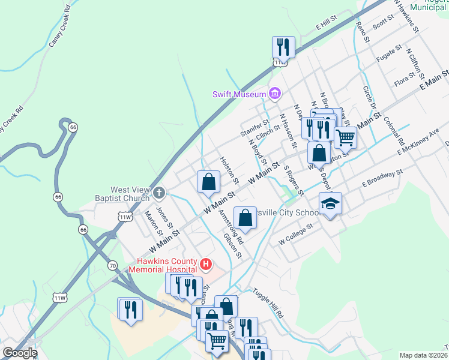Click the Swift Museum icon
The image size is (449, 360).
click(276, 94)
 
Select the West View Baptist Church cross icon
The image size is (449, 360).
click(158, 193)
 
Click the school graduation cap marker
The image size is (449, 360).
click(330, 204)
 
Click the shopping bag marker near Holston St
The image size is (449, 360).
click(208, 181)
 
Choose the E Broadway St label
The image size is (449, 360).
click(381, 179)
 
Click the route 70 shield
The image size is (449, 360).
click(112, 265)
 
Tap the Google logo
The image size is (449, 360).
click(19, 353)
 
